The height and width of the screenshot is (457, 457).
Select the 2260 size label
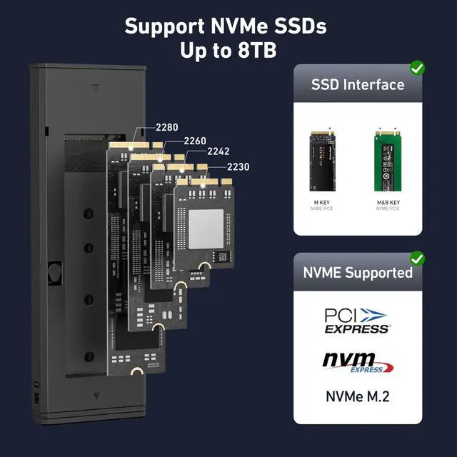[x=195, y=141]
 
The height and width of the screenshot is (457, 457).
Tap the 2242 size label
[x=219, y=151]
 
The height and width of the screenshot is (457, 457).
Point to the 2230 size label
[x=238, y=166]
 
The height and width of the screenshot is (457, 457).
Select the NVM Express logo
[x=357, y=361]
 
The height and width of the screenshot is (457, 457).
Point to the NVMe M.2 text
[x=357, y=396]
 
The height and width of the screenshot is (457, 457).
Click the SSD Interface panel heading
[x=357, y=85]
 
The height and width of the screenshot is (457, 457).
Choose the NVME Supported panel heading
[x=357, y=273]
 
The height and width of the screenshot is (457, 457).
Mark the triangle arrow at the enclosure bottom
[x=96, y=395]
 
